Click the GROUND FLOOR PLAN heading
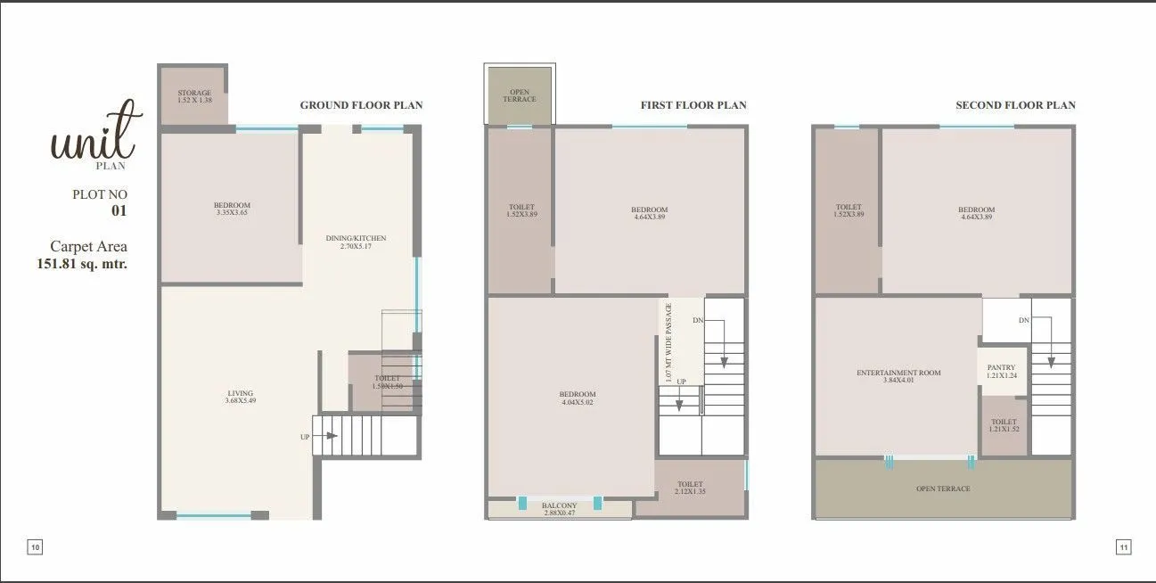(x=361, y=105)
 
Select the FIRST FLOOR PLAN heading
(x=693, y=105)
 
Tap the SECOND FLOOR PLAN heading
(x=1015, y=105)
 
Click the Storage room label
(x=194, y=97)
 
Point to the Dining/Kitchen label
(x=357, y=242)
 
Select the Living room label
(x=240, y=397)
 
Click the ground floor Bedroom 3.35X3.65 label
(x=232, y=209)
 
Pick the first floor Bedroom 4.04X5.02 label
(x=578, y=398)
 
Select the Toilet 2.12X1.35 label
(x=690, y=488)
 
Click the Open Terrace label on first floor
(x=520, y=95)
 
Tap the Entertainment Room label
(x=898, y=376)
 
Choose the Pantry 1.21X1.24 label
(x=1003, y=372)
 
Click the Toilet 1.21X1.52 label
(x=1004, y=425)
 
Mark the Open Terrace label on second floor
(x=943, y=489)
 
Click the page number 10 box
(x=35, y=547)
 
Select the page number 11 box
(x=1123, y=547)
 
